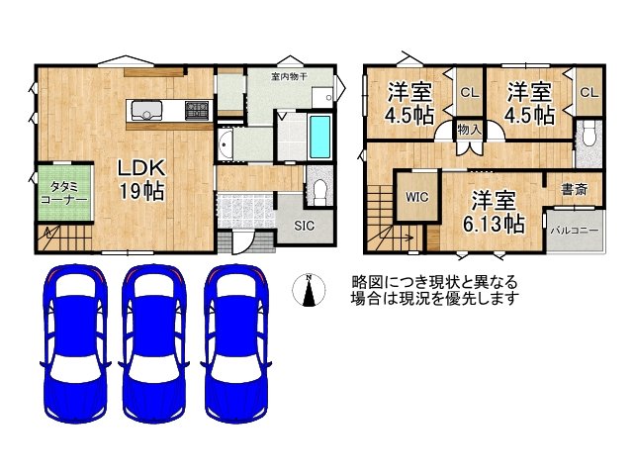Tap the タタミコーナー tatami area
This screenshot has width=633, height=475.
coord(64,191)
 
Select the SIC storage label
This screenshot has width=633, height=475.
coord(305,225)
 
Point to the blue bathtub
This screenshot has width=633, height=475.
coord(321,137)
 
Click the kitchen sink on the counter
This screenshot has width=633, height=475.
coord(148,109)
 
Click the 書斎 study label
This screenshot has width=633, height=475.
coord(575,188)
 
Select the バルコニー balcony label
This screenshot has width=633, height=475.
coord(574,230)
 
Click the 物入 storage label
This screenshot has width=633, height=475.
coord(469,130)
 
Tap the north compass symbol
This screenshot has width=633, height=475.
coord(311,291)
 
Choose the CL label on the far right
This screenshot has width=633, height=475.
coord(588,92)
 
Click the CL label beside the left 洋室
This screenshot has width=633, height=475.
coord(466,92)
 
